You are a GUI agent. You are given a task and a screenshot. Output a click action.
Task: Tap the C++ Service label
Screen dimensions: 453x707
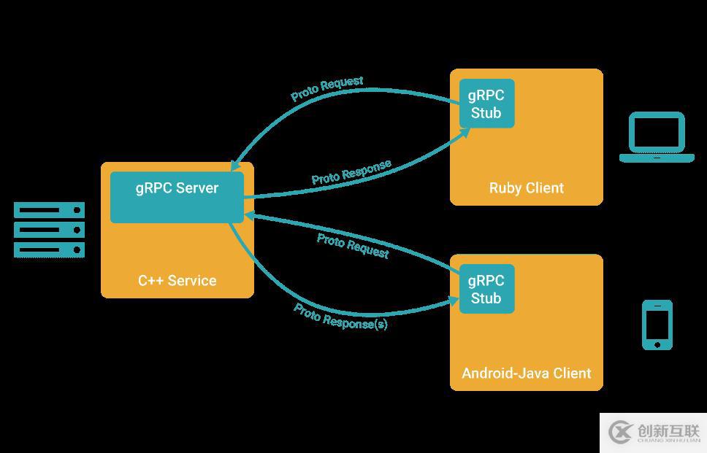pos(177,280)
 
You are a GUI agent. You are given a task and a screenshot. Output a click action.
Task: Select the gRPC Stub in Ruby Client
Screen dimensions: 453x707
pos(486,104)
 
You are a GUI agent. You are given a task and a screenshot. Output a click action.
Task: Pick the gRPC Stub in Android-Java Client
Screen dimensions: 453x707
pos(486,289)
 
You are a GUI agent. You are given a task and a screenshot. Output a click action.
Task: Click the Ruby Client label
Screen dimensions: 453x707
pos(526,188)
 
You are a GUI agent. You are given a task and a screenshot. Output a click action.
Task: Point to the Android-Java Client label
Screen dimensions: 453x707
pos(526,373)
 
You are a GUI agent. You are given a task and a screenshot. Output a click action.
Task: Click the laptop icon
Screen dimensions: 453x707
pos(657,137)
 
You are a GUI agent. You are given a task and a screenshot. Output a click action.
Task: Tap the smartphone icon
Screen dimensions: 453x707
pos(657,325)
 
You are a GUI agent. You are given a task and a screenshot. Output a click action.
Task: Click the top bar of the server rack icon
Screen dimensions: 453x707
pos(50,211)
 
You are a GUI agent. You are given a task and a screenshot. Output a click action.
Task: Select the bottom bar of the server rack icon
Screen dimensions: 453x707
pos(50,250)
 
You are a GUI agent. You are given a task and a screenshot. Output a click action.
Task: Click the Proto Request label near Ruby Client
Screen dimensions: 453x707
pos(326,88)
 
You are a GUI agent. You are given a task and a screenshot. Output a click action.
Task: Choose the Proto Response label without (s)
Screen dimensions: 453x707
pos(351,171)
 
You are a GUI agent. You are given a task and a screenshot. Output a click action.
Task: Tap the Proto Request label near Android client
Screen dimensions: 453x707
pos(353,246)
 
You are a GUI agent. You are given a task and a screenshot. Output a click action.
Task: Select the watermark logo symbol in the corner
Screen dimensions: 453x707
pos(620,433)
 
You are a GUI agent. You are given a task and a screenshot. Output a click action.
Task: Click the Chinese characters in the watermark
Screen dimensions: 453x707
pos(668,430)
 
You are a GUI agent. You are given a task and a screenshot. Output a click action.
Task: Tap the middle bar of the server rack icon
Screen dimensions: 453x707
pos(50,231)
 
